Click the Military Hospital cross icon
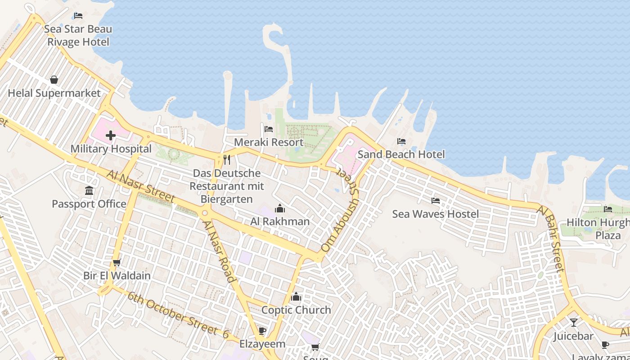111,135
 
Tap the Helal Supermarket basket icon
54,80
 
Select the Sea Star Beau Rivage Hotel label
78,36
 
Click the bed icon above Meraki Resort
269,129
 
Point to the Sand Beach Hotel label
401,154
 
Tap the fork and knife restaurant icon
227,159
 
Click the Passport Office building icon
89,191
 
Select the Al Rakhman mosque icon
280,208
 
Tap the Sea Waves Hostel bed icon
435,201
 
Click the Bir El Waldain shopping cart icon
117,262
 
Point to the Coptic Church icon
296,297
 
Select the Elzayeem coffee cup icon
262,331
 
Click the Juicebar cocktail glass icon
573,323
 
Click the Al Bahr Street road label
551,239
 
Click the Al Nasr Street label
141,185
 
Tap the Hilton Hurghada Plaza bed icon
608,209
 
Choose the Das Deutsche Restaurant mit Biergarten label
227,186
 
